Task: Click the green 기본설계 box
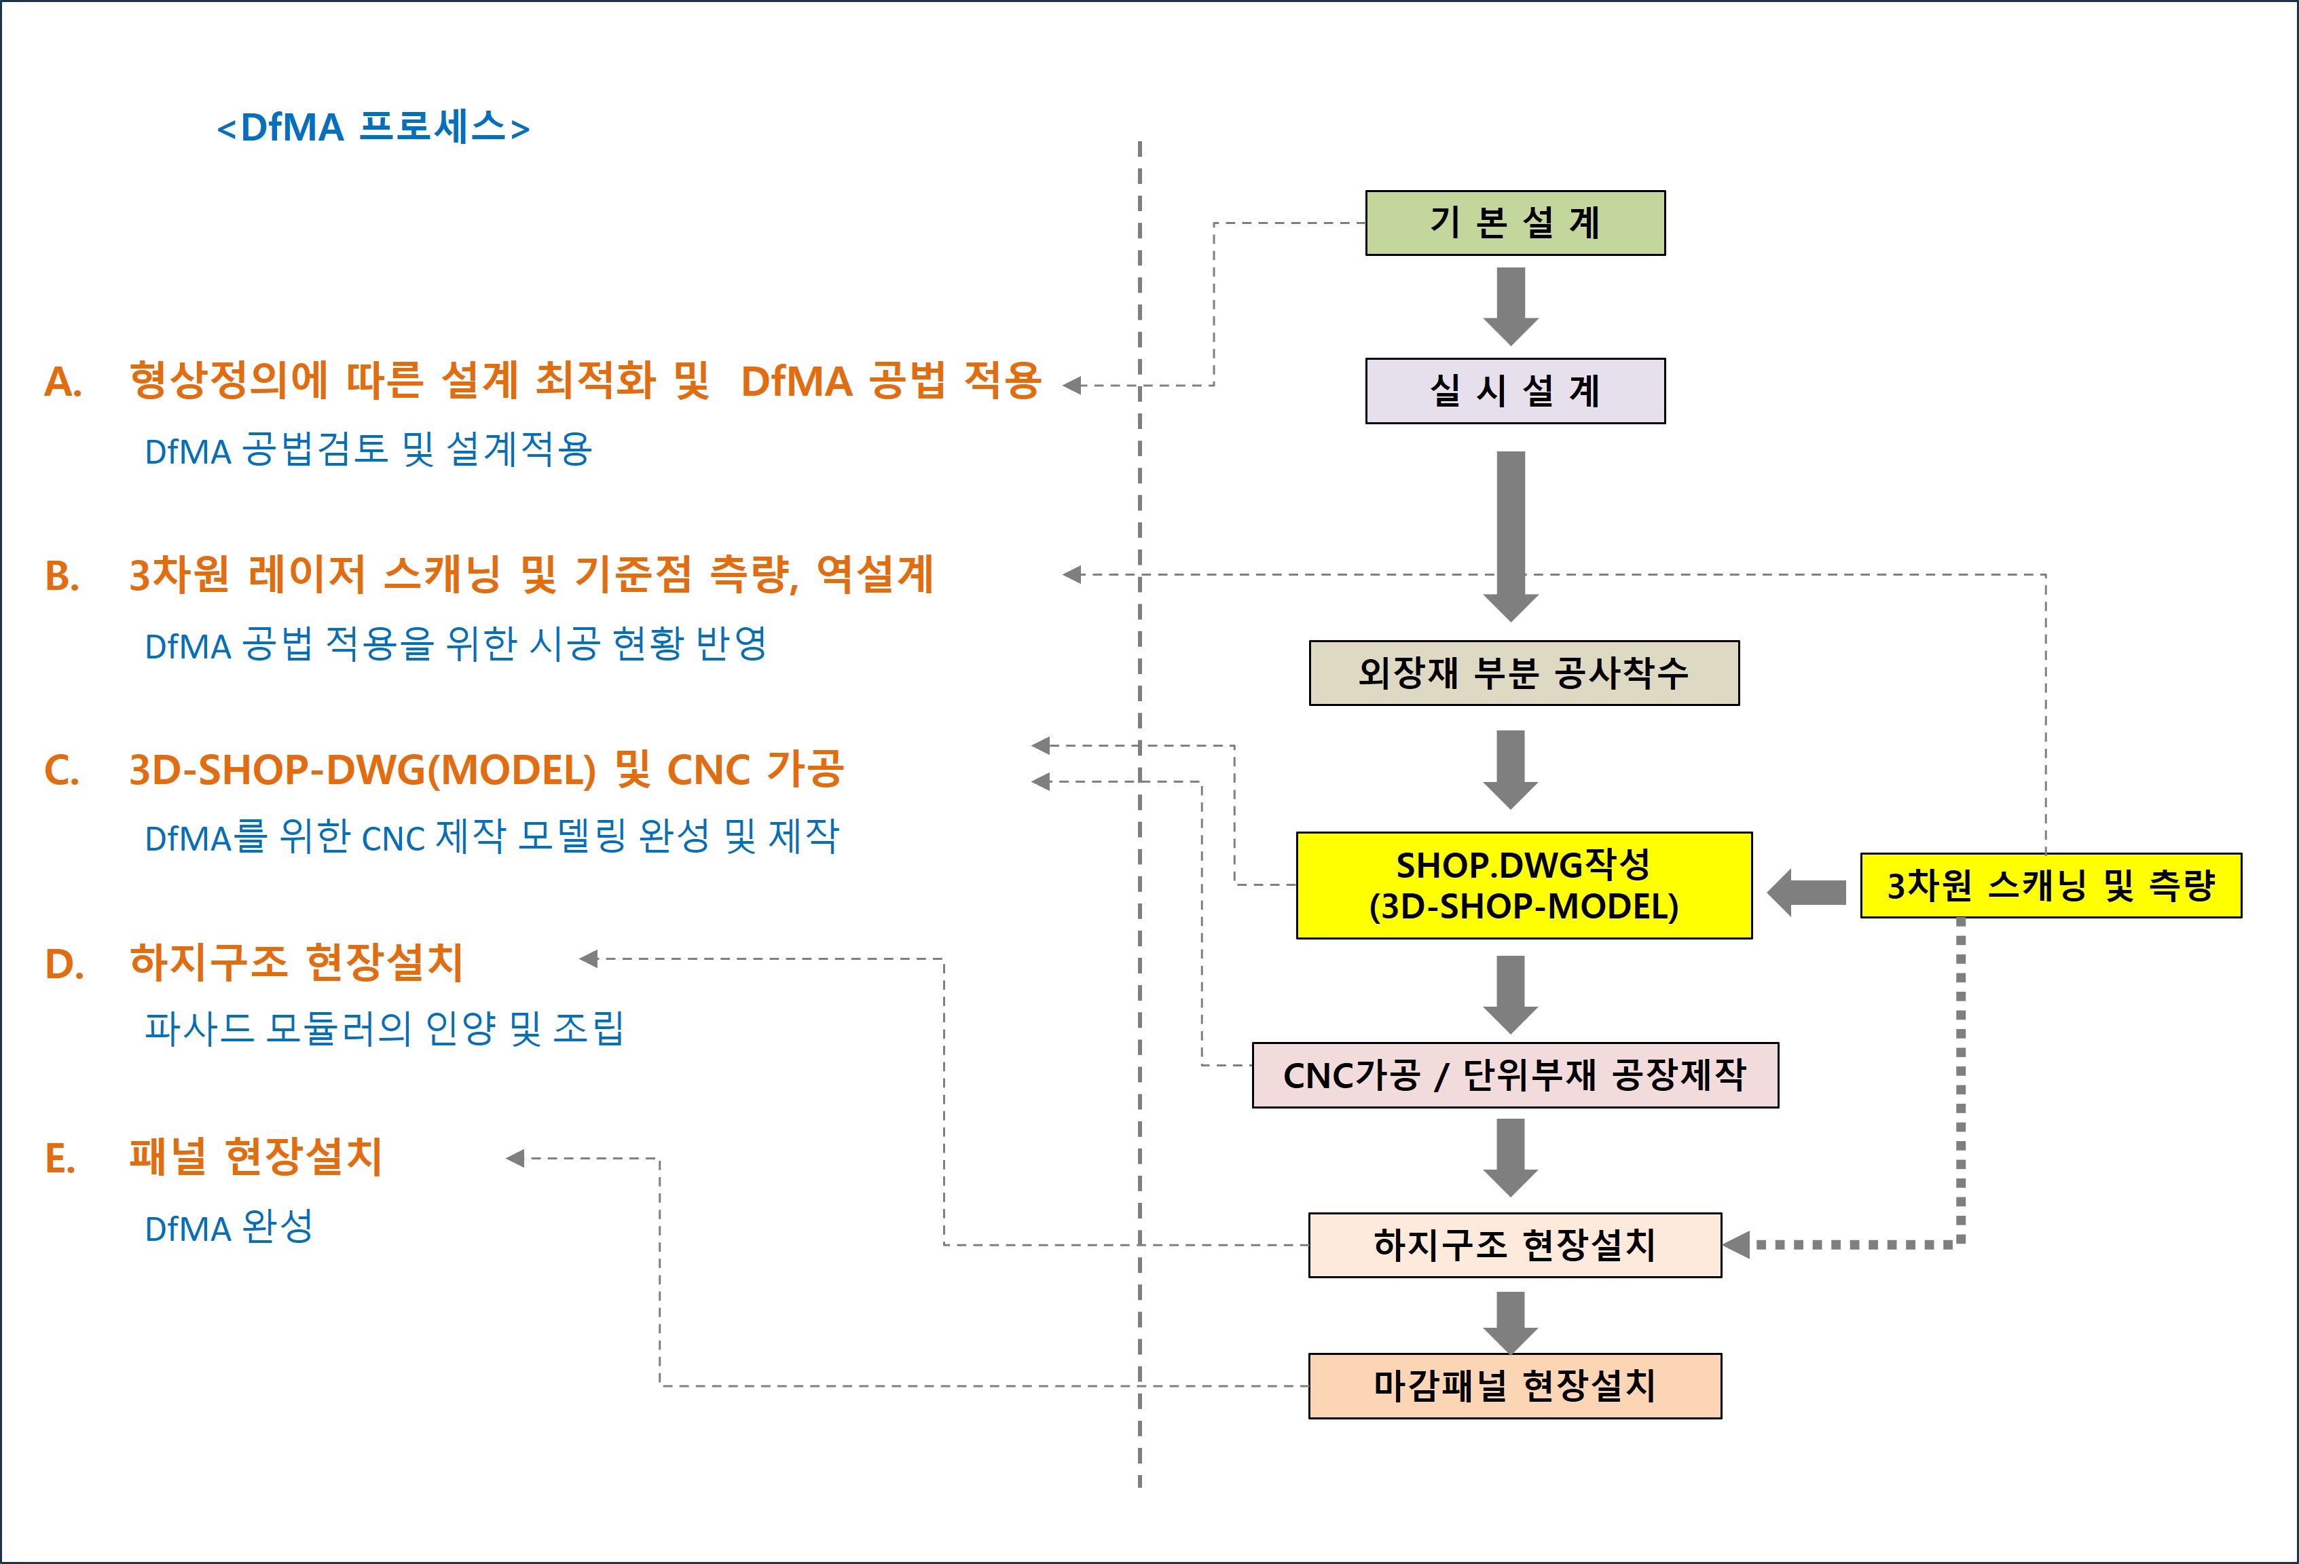point(1515,223)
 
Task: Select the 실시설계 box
point(1515,391)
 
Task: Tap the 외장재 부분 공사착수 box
point(1524,673)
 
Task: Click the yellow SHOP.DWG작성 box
point(1524,885)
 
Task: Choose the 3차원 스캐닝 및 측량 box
point(2050,885)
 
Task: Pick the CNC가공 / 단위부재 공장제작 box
point(1515,1075)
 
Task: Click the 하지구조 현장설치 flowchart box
point(1515,1244)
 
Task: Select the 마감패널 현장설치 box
point(1515,1385)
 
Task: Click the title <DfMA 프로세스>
point(373,128)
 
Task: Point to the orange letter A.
point(62,382)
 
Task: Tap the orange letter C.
point(61,770)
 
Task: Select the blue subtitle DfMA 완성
point(229,1228)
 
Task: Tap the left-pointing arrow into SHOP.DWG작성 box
point(1805,892)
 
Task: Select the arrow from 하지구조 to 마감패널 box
point(1511,1321)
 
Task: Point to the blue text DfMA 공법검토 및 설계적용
point(368,450)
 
